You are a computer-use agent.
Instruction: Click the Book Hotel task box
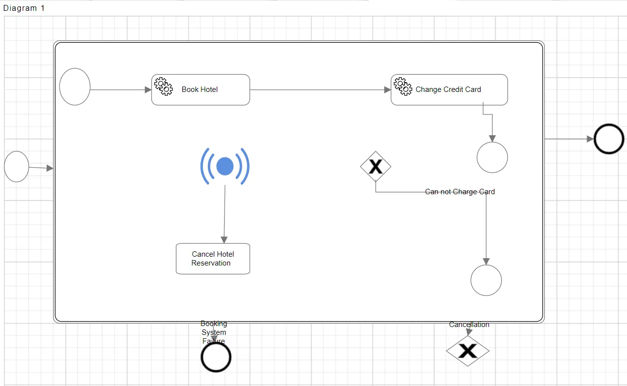[x=200, y=89]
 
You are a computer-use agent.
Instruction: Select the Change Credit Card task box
[x=449, y=89]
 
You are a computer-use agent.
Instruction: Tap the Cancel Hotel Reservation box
[x=213, y=259]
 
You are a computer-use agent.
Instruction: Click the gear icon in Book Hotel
[x=164, y=86]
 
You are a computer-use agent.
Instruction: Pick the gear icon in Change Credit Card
[x=403, y=86]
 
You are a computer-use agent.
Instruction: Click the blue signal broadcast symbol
[x=225, y=166]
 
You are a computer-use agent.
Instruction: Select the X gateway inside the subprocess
[x=375, y=167]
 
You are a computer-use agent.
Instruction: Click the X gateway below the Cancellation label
[x=468, y=351]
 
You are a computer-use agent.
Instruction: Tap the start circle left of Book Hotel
[x=75, y=87]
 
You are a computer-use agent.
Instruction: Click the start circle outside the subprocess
[x=17, y=167]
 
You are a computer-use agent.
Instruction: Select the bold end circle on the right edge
[x=609, y=139]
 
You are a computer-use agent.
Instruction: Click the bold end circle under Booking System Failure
[x=216, y=357]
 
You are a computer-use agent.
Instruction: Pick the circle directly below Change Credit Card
[x=492, y=157]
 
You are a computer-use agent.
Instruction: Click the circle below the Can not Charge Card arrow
[x=486, y=280]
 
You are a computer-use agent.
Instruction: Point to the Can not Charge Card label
[x=460, y=192]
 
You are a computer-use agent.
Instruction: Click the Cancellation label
[x=469, y=325]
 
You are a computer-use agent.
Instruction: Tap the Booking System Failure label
[x=214, y=332]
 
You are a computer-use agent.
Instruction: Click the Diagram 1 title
[x=24, y=8]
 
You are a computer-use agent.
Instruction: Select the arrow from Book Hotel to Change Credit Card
[x=320, y=90]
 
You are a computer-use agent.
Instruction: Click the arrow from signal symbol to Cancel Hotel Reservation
[x=225, y=214]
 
